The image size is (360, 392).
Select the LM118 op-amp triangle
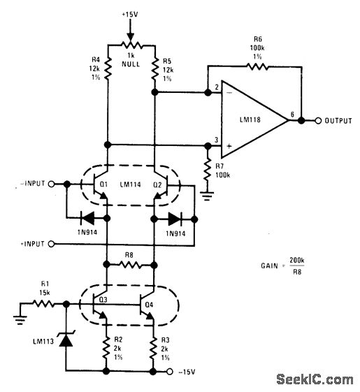click(x=252, y=120)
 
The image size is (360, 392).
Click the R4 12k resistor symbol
click(x=106, y=72)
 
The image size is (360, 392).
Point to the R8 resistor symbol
click(x=129, y=266)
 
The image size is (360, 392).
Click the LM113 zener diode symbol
click(x=66, y=340)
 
